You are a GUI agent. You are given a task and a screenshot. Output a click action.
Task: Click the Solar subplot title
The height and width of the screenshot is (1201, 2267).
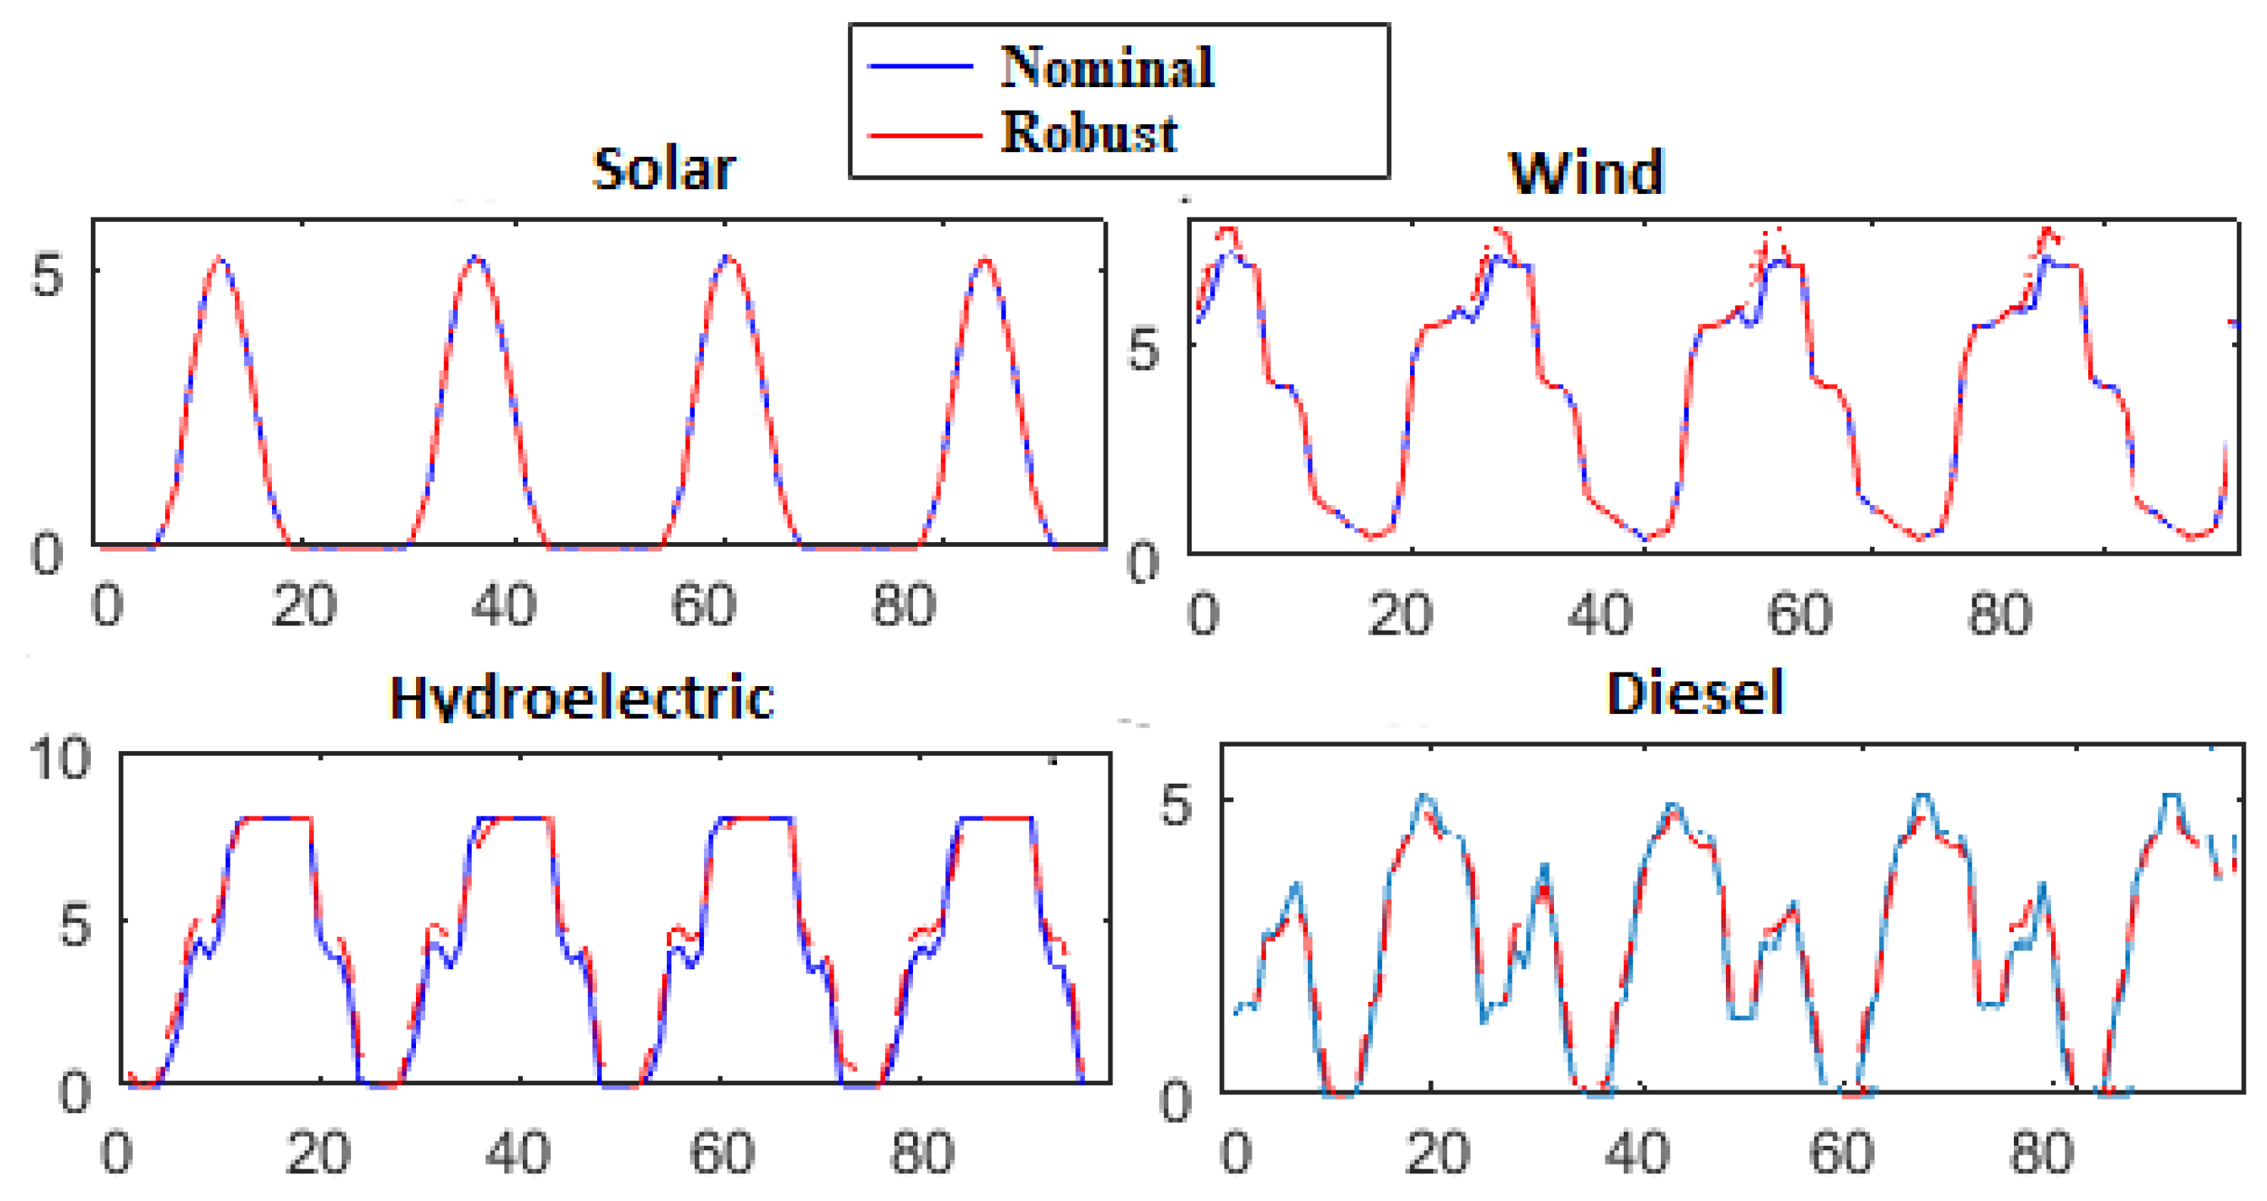click(x=664, y=169)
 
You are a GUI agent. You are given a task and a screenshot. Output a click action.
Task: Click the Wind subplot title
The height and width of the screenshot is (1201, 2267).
click(x=1586, y=173)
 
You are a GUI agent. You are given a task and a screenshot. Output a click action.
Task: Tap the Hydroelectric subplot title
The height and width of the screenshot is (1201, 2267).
click(x=581, y=699)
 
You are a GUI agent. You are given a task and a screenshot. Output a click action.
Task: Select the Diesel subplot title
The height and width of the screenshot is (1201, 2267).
click(x=1694, y=694)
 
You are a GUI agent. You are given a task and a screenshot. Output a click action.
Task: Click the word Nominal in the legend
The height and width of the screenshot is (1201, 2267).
click(x=1107, y=67)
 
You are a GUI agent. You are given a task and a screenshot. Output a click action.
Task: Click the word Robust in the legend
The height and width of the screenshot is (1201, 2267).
click(x=1089, y=134)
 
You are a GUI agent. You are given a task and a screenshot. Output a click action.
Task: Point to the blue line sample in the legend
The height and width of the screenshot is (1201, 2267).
click(x=920, y=66)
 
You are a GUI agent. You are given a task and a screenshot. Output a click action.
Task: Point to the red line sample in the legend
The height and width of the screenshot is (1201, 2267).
click(x=924, y=136)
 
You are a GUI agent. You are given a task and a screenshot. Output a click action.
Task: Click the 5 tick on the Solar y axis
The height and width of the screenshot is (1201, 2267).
click(x=48, y=276)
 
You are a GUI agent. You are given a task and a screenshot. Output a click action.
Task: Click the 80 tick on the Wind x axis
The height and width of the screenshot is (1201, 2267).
click(x=2000, y=614)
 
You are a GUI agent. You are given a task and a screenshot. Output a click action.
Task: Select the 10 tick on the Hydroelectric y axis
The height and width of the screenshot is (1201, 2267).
click(x=60, y=759)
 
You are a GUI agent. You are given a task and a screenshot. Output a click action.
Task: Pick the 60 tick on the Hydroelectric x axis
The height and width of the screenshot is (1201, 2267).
click(x=721, y=1153)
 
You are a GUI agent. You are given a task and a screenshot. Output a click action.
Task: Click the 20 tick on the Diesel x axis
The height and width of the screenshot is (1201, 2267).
click(x=1438, y=1153)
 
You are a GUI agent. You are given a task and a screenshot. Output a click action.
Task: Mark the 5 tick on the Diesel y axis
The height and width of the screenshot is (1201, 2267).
click(x=1177, y=806)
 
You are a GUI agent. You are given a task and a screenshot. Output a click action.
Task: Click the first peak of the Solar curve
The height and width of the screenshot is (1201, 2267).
click(x=221, y=260)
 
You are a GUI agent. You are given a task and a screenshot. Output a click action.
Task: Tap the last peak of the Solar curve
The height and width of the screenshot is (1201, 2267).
click(x=986, y=260)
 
